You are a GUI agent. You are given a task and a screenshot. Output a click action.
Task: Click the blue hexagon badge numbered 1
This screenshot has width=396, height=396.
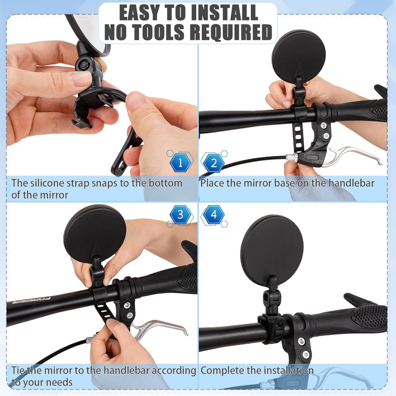point(180,163)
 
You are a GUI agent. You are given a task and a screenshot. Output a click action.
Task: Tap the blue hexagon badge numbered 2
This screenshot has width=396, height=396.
point(214,163)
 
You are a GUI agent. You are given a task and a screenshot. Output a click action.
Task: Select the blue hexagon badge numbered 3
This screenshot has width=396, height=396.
point(180,215)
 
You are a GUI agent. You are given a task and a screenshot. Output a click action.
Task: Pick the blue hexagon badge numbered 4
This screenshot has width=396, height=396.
point(214,215)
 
